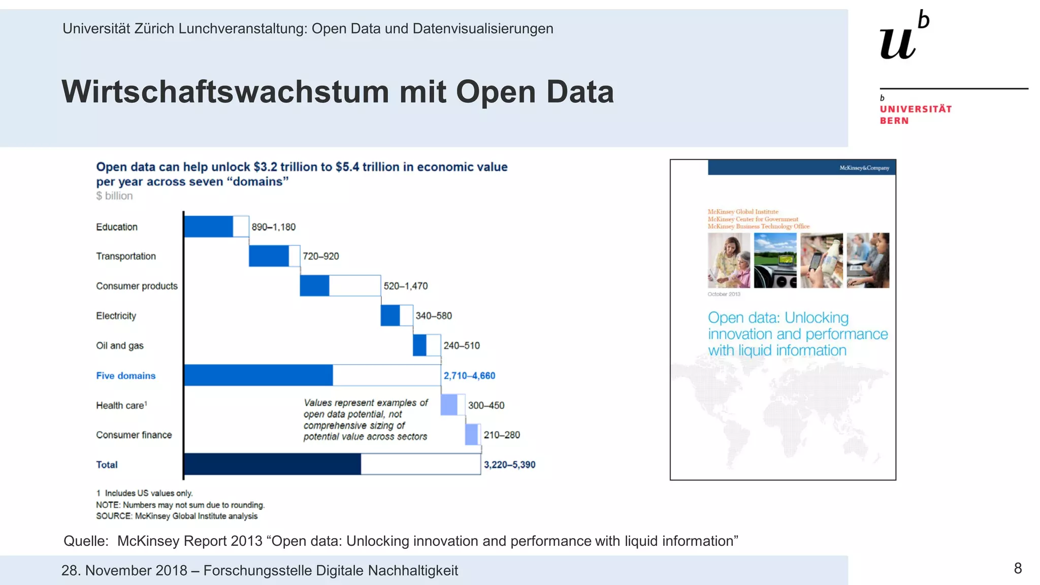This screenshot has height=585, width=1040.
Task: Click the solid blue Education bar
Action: tap(208, 226)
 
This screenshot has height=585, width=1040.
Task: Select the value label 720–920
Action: tap(320, 256)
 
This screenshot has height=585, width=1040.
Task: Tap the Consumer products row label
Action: tap(137, 286)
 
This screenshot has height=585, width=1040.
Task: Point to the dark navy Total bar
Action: tap(272, 464)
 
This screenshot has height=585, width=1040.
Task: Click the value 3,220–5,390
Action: tap(509, 465)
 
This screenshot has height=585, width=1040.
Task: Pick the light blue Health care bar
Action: tap(449, 405)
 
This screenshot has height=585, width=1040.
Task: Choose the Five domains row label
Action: tap(125, 376)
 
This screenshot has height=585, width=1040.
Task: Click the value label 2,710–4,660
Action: tap(469, 376)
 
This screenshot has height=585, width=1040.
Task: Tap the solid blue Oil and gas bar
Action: tap(419, 345)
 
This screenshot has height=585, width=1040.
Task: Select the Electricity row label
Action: tap(116, 316)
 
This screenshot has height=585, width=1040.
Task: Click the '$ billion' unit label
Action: tap(114, 196)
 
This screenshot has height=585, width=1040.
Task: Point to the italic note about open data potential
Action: tap(366, 419)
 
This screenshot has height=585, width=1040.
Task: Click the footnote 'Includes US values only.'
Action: tap(148, 493)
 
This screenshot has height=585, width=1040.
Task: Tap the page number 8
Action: tap(1018, 568)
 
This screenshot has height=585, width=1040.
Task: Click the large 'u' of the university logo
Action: tap(897, 43)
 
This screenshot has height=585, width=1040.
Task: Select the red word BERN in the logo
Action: tap(894, 121)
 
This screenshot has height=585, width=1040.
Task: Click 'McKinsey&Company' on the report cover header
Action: tap(864, 168)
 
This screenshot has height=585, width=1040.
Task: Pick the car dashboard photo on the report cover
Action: tap(775, 261)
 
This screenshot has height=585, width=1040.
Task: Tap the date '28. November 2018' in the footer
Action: tap(124, 571)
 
